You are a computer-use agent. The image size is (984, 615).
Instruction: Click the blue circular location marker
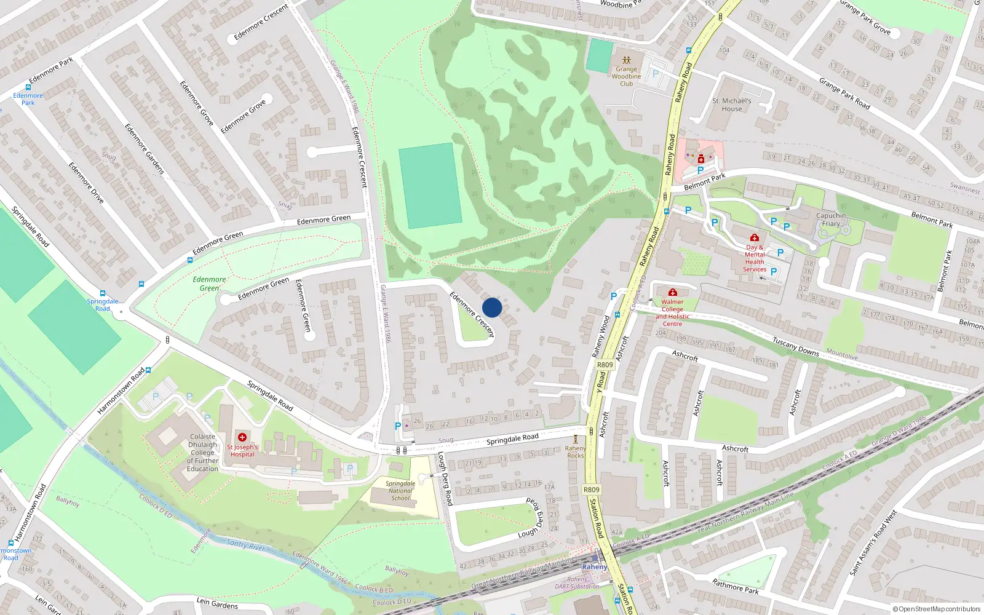point(492,307)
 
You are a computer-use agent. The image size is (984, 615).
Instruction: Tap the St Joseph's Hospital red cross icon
point(242,437)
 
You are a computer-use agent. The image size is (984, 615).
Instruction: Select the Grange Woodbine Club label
point(626,76)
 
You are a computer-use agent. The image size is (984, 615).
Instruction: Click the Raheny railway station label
point(594,567)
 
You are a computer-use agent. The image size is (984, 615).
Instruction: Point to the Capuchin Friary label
point(831,220)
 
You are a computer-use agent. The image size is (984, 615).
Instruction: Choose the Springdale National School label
point(400,491)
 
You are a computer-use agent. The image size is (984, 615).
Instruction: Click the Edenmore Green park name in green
point(209,284)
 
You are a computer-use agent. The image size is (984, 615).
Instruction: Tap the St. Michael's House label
point(731,105)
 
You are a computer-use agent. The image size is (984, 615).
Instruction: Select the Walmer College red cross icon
point(673,292)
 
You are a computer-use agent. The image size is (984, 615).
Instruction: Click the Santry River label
point(245,544)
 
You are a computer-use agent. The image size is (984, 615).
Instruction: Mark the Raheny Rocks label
point(575,451)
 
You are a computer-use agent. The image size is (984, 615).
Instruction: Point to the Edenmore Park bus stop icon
point(28,87)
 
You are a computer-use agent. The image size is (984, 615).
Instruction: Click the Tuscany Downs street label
point(796,346)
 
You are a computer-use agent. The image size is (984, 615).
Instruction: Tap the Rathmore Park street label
point(735,585)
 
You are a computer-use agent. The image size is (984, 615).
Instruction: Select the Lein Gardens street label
point(217,603)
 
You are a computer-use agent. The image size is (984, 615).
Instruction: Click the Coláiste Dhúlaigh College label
point(202,453)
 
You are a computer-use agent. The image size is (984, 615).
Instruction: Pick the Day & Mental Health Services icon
point(755,238)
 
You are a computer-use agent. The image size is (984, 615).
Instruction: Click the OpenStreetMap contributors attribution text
point(936,609)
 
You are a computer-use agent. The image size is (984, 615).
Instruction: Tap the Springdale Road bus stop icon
point(103,294)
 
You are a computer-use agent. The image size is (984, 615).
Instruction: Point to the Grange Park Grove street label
point(865,17)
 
